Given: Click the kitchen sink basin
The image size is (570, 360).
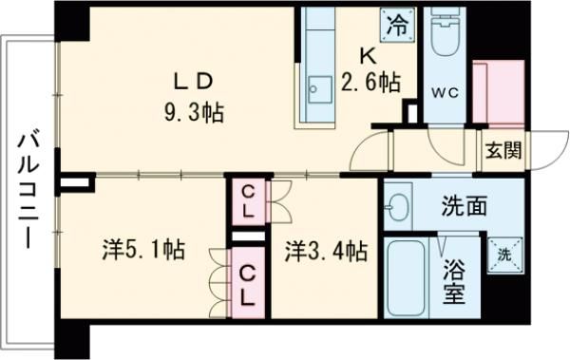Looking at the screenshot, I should pyautogui.click(x=315, y=93).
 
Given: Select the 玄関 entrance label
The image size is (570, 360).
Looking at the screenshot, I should pyautogui.click(x=503, y=150).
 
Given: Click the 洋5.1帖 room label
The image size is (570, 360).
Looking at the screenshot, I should pyautogui.click(x=142, y=252).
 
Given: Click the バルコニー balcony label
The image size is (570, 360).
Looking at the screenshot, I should pyautogui.click(x=28, y=190).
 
